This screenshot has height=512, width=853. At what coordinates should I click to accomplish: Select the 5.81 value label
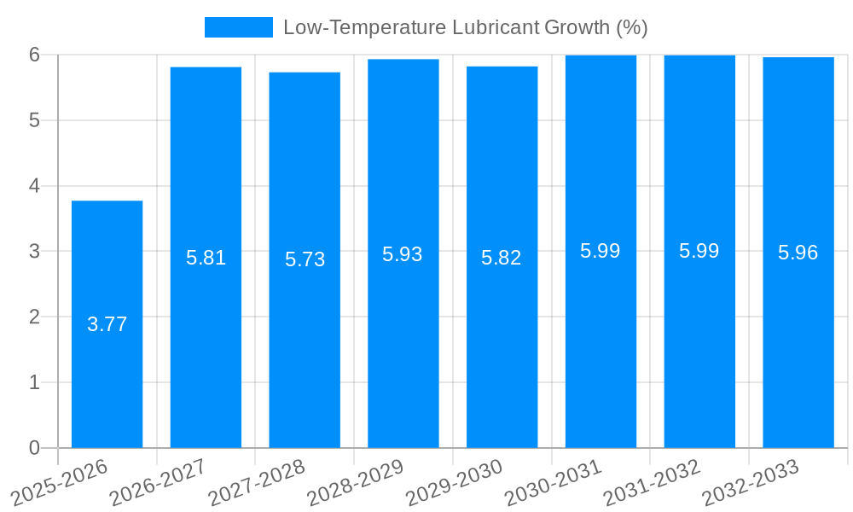[206, 258]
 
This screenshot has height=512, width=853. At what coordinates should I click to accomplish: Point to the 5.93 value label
[403, 254]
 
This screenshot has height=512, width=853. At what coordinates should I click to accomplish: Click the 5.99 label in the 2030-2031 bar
[601, 251]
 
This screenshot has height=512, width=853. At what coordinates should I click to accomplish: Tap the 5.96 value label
[798, 253]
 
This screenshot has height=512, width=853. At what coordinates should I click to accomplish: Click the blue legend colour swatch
[238, 27]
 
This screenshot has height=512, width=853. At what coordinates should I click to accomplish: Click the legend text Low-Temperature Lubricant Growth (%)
[465, 27]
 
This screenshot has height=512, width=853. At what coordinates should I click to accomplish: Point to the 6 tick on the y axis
[34, 55]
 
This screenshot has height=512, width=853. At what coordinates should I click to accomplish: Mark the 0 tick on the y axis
[34, 448]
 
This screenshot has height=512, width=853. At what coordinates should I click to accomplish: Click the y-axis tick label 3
[34, 252]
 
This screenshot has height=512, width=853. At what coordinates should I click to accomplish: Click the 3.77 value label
[107, 324]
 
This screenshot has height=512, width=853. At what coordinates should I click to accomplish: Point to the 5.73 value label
[305, 259]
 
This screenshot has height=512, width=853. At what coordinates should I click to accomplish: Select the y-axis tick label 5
[34, 120]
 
